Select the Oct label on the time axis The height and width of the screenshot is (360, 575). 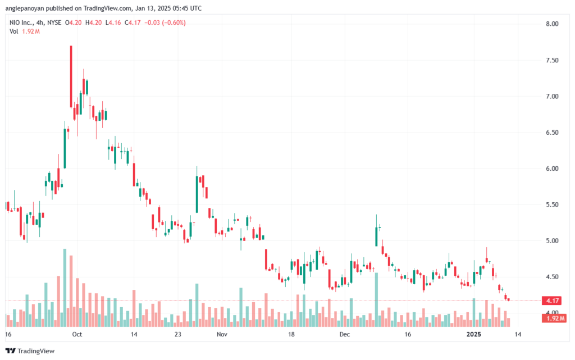[77, 334]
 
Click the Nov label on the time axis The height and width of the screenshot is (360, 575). [222, 334]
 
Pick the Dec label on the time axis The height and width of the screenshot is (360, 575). [344, 334]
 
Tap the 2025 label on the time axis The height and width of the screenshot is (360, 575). [476, 334]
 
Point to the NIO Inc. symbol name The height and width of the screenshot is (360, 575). [23, 22]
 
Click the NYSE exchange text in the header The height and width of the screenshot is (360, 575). [54, 22]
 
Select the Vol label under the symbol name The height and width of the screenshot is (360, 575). [14, 31]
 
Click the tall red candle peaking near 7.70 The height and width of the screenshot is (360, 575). [71, 76]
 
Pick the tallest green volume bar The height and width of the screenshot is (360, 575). [65, 286]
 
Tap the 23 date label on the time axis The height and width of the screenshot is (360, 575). [177, 334]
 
